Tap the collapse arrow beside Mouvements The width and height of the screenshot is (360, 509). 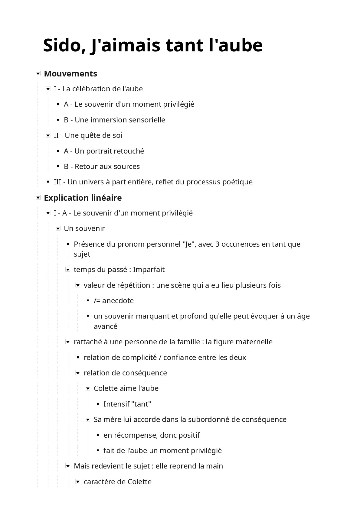pyautogui.click(x=38, y=73)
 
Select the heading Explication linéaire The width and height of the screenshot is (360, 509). pyautogui.click(x=83, y=198)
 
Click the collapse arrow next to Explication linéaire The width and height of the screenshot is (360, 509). pyautogui.click(x=38, y=198)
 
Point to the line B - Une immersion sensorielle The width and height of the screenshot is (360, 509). pyautogui.click(x=114, y=120)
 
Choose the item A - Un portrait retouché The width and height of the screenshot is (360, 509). pyautogui.click(x=104, y=151)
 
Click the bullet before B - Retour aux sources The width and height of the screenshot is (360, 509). pyautogui.click(x=58, y=166)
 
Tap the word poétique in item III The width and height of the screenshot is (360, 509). pyautogui.click(x=237, y=182)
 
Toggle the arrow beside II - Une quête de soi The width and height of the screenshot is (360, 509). pyautogui.click(x=48, y=135)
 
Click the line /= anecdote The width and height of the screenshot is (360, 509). pyautogui.click(x=113, y=300)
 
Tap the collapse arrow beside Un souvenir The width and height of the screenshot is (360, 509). pyautogui.click(x=58, y=229)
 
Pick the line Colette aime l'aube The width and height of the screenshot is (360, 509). pyautogui.click(x=126, y=388)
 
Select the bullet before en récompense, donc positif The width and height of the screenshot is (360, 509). pyautogui.click(x=98, y=435)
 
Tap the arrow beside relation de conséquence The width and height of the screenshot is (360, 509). pyautogui.click(x=78, y=373)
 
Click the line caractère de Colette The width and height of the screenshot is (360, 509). pyautogui.click(x=117, y=481)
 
